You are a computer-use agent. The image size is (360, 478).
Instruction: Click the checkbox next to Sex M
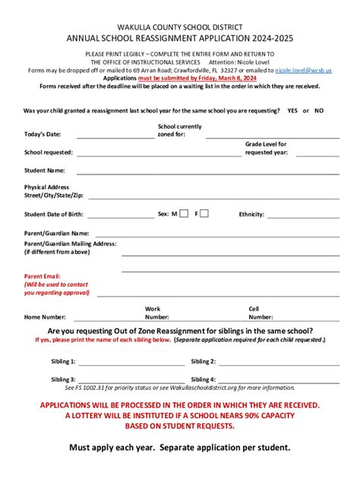(x=184, y=214)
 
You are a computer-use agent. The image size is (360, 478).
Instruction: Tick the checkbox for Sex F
(x=204, y=214)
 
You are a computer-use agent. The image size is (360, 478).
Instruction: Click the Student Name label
(x=45, y=171)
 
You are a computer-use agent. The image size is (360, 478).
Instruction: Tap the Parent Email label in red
(x=42, y=276)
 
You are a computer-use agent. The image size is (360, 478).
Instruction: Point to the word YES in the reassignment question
(x=292, y=110)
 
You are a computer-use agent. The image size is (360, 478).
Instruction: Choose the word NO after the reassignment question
(x=319, y=110)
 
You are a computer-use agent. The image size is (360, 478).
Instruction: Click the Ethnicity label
(x=251, y=215)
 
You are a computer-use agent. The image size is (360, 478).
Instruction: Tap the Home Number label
(x=45, y=317)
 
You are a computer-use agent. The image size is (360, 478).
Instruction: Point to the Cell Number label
(x=255, y=313)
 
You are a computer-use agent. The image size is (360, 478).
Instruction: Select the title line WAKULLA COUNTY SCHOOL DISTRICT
(x=179, y=25)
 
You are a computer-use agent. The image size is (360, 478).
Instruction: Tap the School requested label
(x=49, y=152)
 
